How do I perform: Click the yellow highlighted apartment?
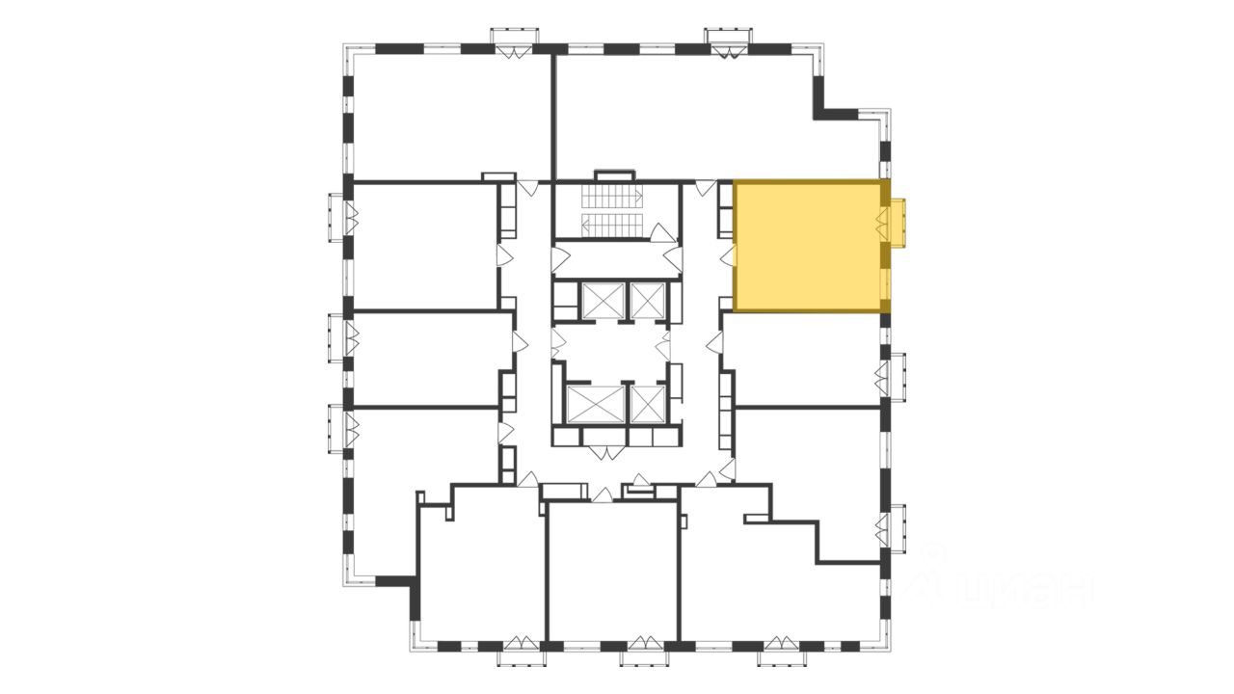[x=808, y=246]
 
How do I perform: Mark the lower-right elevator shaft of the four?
[x=647, y=404]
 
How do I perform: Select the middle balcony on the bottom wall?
[x=645, y=655]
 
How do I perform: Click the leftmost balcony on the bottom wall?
[x=522, y=655]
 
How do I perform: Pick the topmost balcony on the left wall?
[x=337, y=216]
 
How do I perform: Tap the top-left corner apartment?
[x=448, y=116]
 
